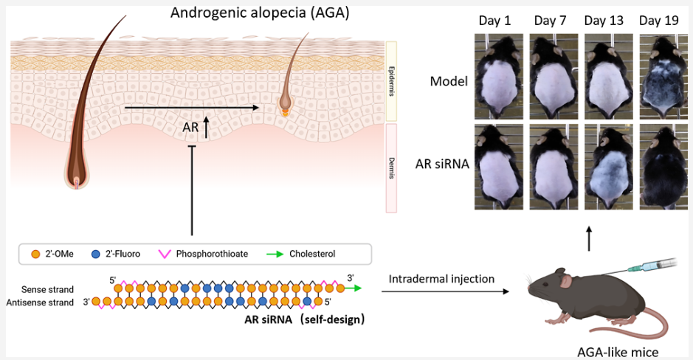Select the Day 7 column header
[x=550, y=21]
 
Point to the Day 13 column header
[x=604, y=21]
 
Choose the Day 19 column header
[x=658, y=21]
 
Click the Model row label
[x=449, y=81]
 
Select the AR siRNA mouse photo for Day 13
[x=604, y=164]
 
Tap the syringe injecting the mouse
[x=649, y=266]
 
